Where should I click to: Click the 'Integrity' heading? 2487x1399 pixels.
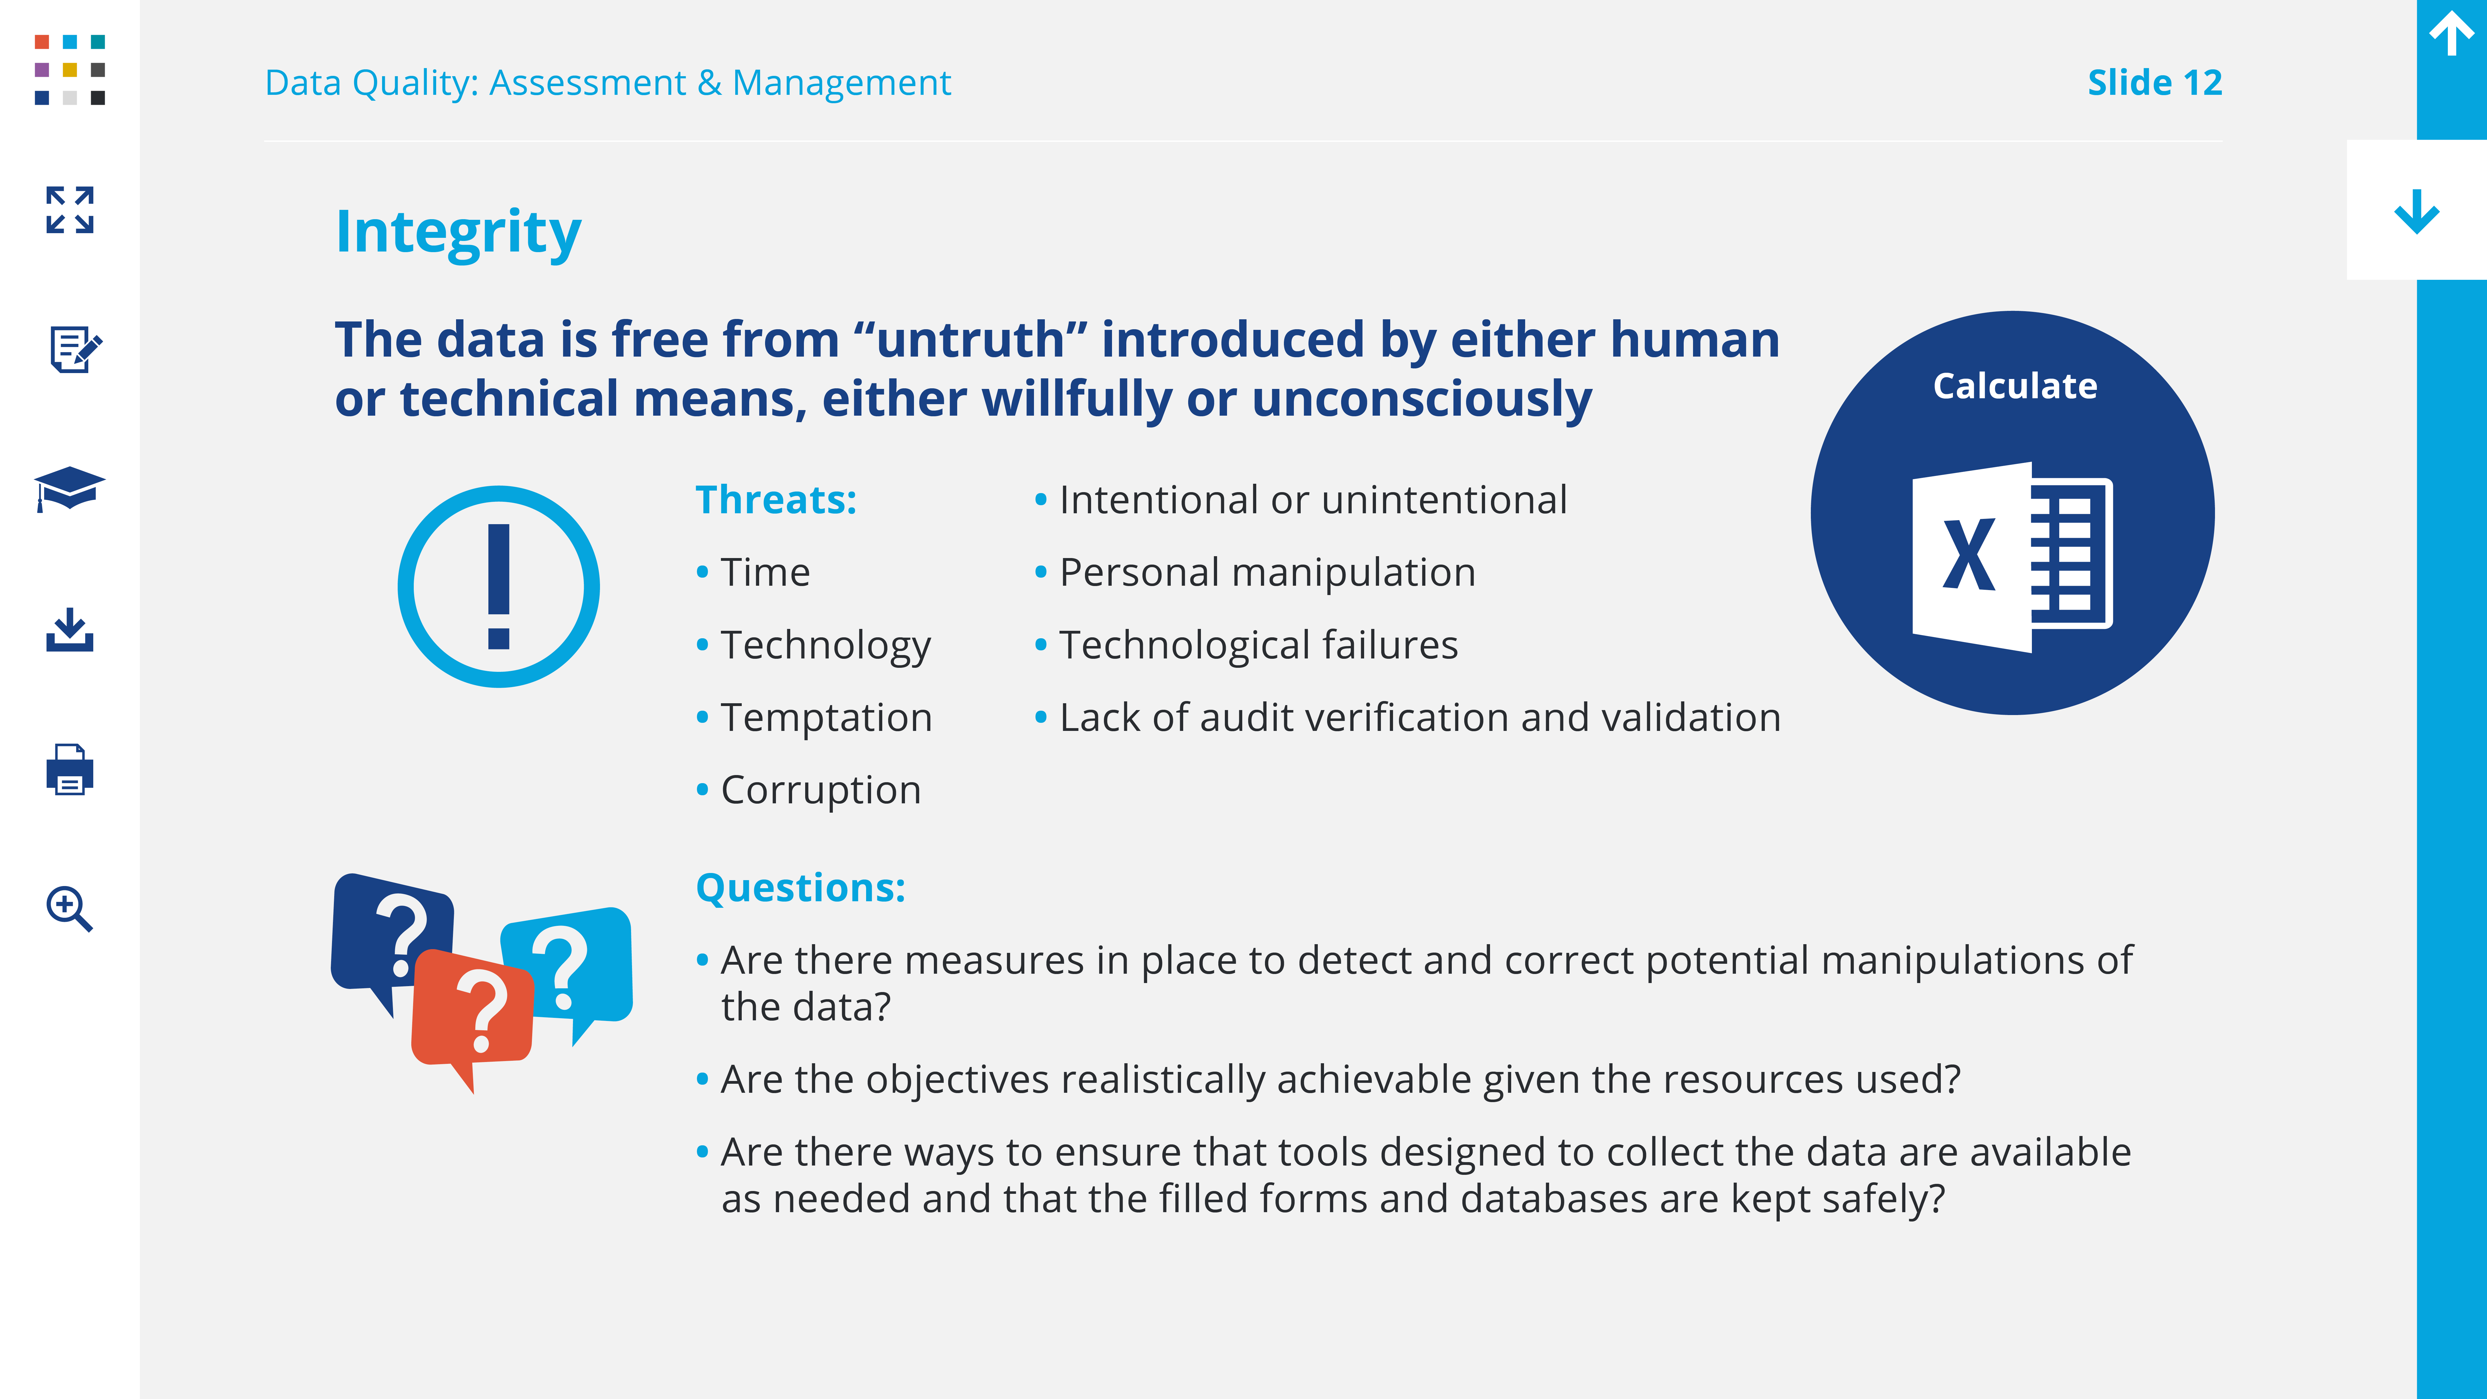tap(459, 233)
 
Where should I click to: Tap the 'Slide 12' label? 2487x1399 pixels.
tap(2155, 83)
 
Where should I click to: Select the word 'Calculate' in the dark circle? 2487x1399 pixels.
tap(2015, 386)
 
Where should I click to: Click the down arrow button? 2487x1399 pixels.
tap(2416, 210)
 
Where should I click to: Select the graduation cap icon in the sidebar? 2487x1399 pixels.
tap(70, 488)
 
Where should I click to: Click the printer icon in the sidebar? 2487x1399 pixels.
tap(70, 769)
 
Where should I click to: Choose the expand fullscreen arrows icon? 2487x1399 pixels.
tap(70, 210)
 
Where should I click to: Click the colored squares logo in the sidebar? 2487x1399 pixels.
tap(70, 70)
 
